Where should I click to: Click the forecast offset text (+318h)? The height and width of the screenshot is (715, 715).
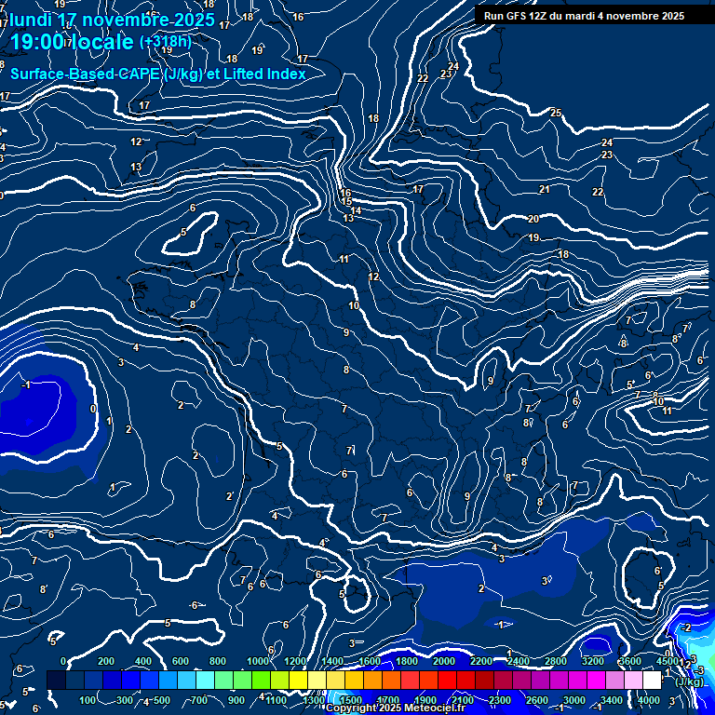(165, 41)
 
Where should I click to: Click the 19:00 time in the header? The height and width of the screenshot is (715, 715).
(37, 42)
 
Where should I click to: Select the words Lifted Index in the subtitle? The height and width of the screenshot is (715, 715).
(265, 74)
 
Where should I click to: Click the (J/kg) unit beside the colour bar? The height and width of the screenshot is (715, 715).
(689, 681)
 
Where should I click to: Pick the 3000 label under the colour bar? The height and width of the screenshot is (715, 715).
(573, 700)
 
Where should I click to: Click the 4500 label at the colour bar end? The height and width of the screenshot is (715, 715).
(668, 661)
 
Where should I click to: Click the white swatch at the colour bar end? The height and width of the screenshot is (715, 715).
(651, 680)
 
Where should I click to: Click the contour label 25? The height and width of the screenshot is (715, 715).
(556, 113)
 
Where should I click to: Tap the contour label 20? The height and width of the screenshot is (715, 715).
(533, 219)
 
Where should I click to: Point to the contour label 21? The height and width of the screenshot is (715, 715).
(544, 189)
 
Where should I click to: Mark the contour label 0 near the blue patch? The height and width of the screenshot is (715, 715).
(92, 409)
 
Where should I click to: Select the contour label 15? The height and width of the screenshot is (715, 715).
(346, 201)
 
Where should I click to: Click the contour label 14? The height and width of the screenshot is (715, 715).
(357, 210)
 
